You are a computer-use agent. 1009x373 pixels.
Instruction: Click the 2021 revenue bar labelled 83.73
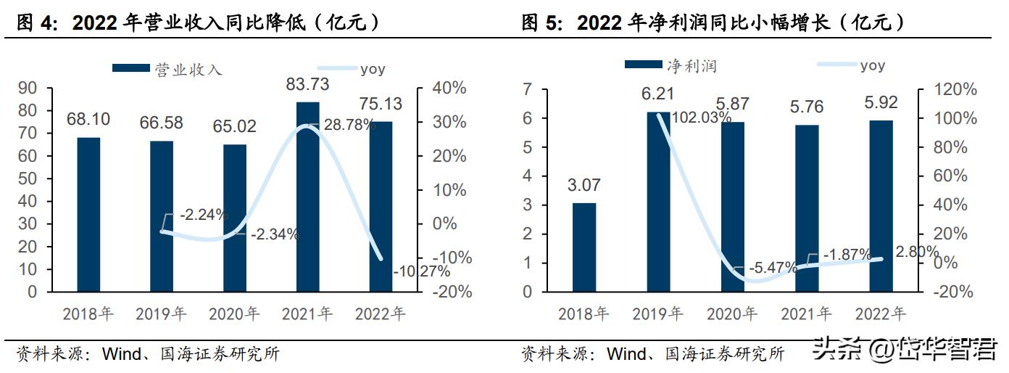coord(307,196)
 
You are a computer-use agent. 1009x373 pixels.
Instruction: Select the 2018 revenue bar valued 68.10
coord(88,214)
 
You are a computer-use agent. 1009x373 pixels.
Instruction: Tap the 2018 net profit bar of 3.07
coord(584,247)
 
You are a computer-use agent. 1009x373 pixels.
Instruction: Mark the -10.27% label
coord(421,271)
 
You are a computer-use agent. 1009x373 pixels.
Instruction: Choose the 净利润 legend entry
coord(671,66)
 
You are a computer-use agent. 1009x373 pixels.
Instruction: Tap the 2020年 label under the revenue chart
coord(234,314)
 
